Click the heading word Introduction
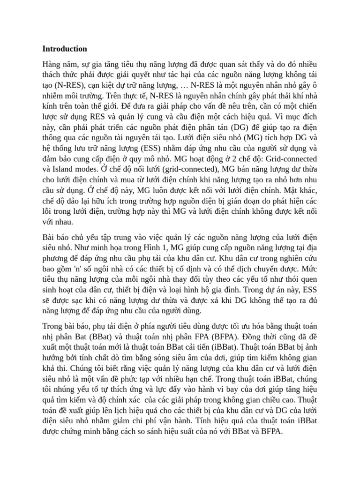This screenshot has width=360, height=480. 65,49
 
